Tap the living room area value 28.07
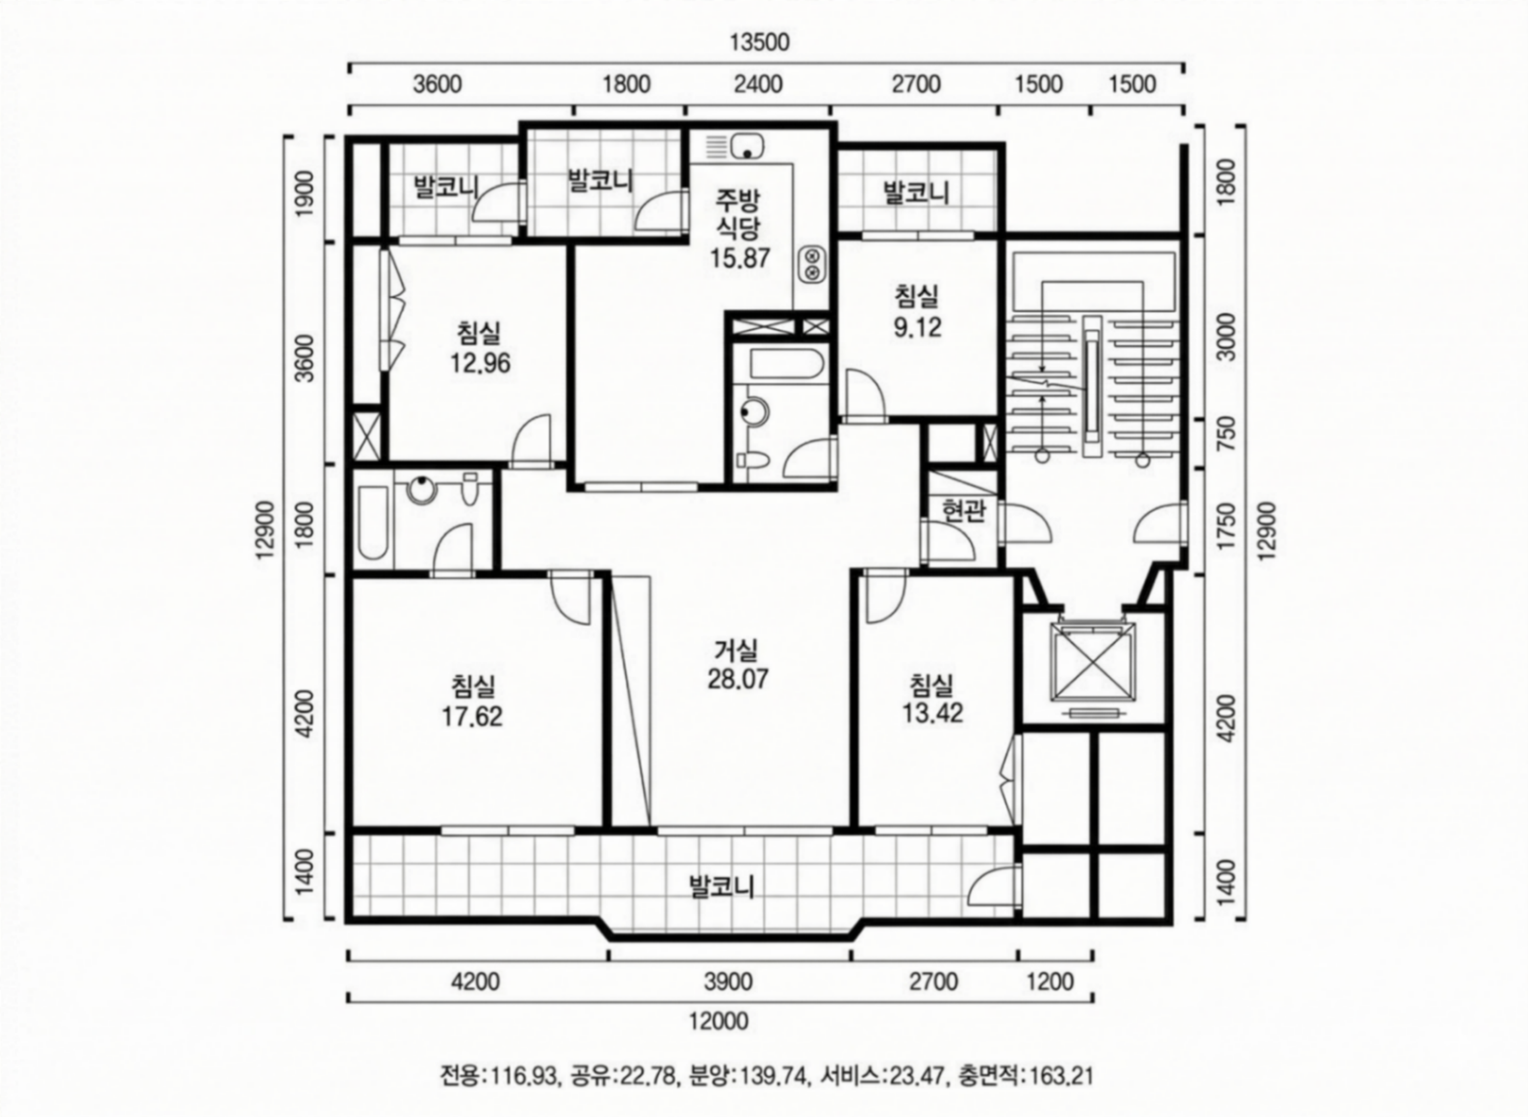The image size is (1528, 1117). [x=738, y=679]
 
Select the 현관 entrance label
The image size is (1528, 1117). [x=964, y=512]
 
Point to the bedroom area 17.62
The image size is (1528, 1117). [x=472, y=717]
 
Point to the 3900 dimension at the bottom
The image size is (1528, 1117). [x=729, y=981]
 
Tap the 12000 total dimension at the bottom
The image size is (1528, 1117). [x=718, y=1021]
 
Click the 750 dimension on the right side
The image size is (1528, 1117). [x=1229, y=434]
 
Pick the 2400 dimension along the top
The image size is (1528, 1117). [x=758, y=84]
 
